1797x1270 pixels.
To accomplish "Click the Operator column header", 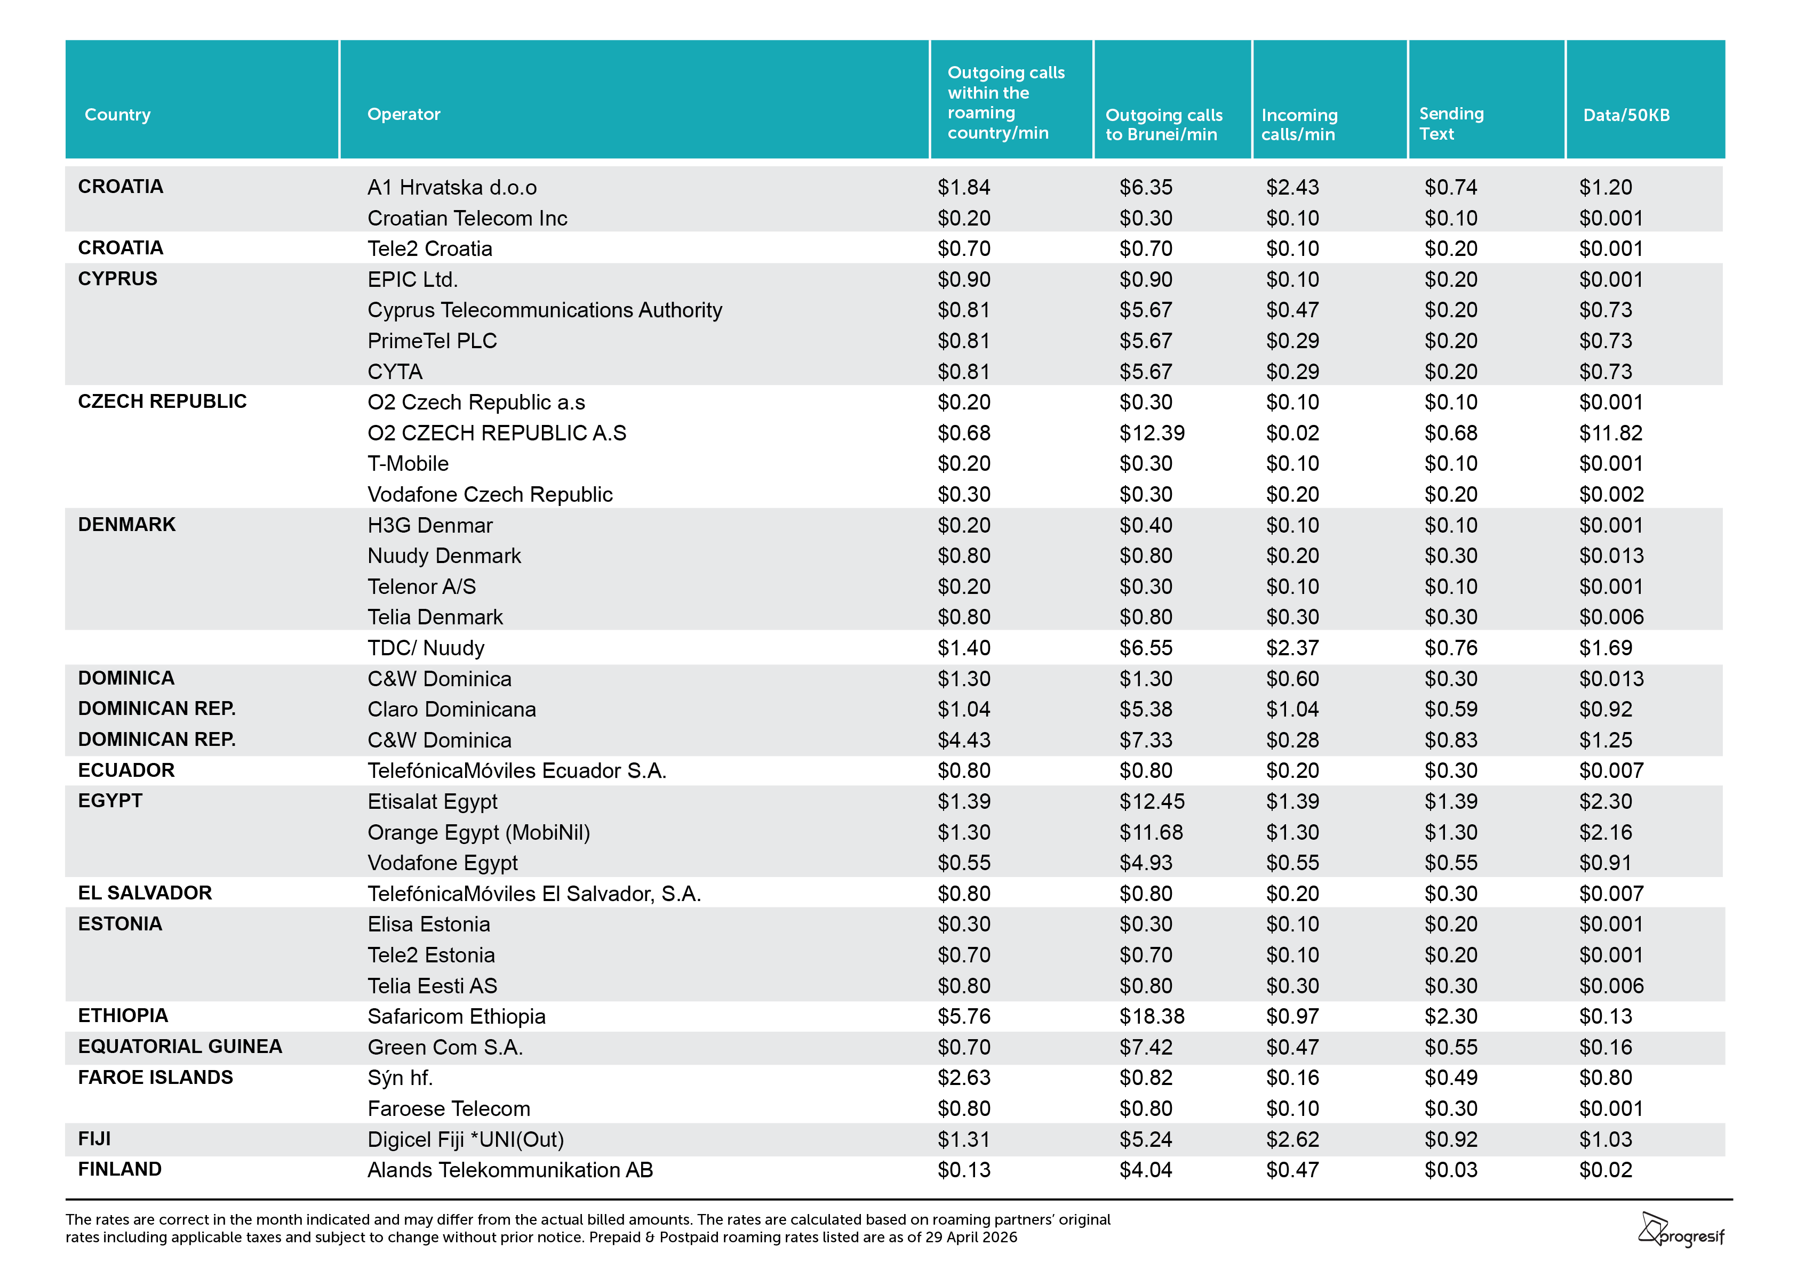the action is click(404, 114).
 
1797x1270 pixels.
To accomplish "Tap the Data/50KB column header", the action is click(1626, 115).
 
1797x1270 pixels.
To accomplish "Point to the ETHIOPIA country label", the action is click(123, 1016).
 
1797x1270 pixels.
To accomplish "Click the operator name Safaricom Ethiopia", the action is click(456, 1016).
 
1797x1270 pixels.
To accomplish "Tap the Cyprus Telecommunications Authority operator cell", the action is click(545, 311).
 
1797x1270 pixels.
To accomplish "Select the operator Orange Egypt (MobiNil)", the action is click(479, 833).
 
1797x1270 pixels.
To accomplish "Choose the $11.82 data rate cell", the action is click(1611, 433).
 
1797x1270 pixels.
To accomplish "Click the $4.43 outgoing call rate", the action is click(964, 740).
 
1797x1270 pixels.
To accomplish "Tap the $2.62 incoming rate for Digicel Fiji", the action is click(1293, 1139).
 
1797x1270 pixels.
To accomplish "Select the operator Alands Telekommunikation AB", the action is click(510, 1170).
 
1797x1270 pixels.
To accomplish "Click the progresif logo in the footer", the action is click(1681, 1230).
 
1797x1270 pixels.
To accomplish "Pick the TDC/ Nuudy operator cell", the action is click(426, 648).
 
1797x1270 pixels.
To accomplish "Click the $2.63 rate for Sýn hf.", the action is click(964, 1078).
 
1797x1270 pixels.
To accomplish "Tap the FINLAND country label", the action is click(120, 1169).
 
